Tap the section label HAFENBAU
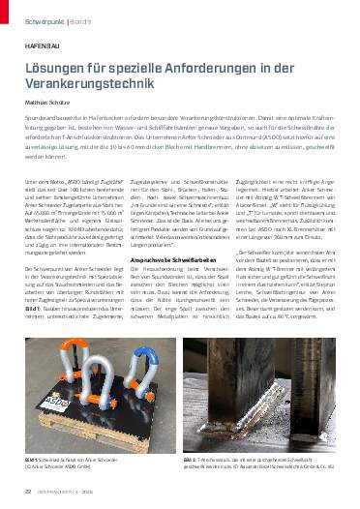[37, 45]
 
